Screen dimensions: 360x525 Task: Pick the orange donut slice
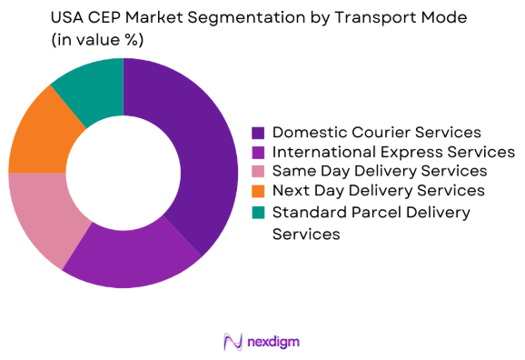coord(36,136)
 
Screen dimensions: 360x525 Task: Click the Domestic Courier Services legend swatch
coord(258,134)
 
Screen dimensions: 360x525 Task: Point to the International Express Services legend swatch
coord(258,152)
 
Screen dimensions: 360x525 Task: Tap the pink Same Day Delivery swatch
coord(258,171)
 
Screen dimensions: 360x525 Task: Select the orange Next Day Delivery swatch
coord(258,190)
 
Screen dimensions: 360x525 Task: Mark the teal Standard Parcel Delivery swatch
coord(258,212)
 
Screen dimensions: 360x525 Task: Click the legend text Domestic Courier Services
coord(377,134)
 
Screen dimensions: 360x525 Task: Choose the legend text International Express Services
coord(393,152)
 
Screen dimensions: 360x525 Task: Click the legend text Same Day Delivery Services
coord(380,171)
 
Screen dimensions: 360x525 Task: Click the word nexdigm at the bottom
coord(272,342)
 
